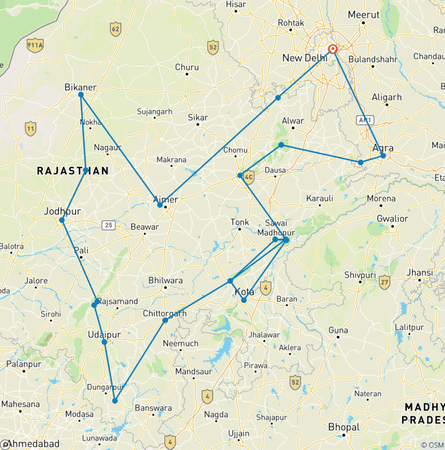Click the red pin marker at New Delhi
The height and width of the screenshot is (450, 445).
pyautogui.click(x=333, y=49)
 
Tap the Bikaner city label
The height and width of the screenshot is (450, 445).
pyautogui.click(x=80, y=88)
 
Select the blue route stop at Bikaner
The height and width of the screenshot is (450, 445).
pyautogui.click(x=81, y=95)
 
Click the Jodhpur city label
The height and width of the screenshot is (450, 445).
pyautogui.click(x=61, y=211)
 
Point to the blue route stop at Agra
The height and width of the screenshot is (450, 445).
pyautogui.click(x=383, y=155)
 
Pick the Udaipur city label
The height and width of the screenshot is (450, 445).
pyautogui.click(x=105, y=335)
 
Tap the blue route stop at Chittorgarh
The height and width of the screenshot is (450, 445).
pyautogui.click(x=165, y=320)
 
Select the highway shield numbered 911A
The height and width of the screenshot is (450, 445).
pyautogui.click(x=35, y=46)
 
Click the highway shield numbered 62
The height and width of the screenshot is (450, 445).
pyautogui.click(x=116, y=28)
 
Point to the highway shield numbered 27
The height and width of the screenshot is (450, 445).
pyautogui.click(x=384, y=282)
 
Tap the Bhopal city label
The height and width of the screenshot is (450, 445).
pyautogui.click(x=344, y=427)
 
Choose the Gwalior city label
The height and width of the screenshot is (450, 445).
pyautogui.click(x=393, y=219)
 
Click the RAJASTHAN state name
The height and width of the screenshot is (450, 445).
pyautogui.click(x=72, y=170)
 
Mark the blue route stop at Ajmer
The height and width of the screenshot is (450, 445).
pyautogui.click(x=160, y=205)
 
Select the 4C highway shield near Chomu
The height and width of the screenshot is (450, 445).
pyautogui.click(x=249, y=177)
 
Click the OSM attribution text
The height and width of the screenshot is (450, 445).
pyautogui.click(x=432, y=445)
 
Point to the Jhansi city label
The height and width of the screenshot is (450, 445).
pyautogui.click(x=420, y=273)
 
